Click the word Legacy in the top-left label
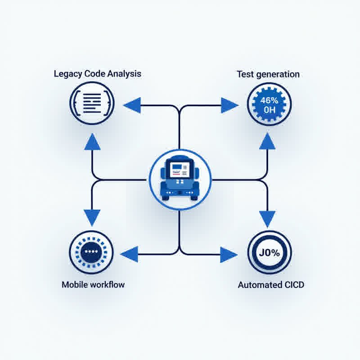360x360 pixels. pyautogui.click(x=66, y=74)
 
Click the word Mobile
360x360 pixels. pyautogui.click(x=74, y=284)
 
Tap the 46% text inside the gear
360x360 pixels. pyautogui.click(x=270, y=100)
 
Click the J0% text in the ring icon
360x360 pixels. pyautogui.click(x=270, y=253)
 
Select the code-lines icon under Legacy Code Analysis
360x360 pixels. pyautogui.click(x=91, y=104)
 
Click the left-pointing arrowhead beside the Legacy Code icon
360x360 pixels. pyautogui.click(x=132, y=106)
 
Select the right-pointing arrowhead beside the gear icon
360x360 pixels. pyautogui.click(x=229, y=106)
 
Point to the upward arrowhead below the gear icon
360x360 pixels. pyautogui.click(x=268, y=141)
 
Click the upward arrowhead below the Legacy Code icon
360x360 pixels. pyautogui.click(x=92, y=141)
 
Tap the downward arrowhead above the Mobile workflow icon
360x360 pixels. pyautogui.click(x=92, y=218)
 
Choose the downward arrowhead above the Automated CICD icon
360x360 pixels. pyautogui.click(x=268, y=219)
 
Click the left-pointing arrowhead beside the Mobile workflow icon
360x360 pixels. pyautogui.click(x=130, y=253)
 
